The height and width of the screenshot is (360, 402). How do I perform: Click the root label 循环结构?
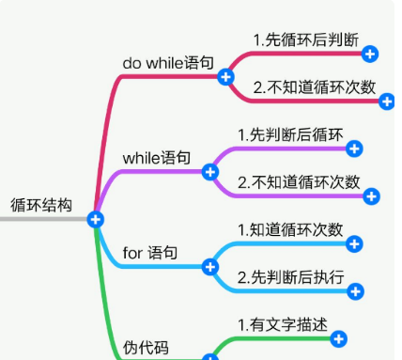tap(40, 204)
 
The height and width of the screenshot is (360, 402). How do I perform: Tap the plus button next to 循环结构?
tap(95, 219)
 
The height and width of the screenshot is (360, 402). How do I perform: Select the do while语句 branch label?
tap(168, 62)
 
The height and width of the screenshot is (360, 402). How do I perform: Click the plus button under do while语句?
tap(225, 76)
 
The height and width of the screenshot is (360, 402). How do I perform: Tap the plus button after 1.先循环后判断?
tap(370, 55)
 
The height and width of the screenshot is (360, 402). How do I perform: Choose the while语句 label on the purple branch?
tap(157, 157)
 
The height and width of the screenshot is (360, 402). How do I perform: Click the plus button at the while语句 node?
tap(210, 172)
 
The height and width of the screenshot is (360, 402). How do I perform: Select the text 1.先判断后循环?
tap(291, 134)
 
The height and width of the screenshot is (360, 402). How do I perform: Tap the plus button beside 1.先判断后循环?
tap(354, 149)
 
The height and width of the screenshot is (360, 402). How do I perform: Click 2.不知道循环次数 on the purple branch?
tap(299, 181)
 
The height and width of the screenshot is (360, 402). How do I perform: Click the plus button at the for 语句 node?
tap(210, 267)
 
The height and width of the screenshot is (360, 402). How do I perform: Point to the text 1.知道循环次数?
tap(290, 229)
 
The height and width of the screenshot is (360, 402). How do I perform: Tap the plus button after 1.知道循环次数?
tap(354, 244)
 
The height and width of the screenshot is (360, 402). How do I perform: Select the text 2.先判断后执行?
tap(290, 277)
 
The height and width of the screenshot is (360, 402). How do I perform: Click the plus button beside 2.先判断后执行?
tap(355, 291)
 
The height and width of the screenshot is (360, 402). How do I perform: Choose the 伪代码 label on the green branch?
tap(147, 348)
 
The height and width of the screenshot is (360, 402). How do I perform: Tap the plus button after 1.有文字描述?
tap(339, 338)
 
